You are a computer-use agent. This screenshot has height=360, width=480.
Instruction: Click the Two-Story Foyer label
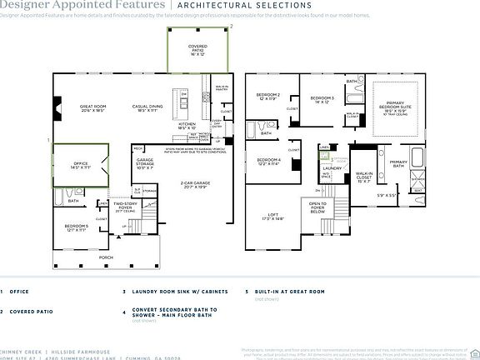coord(125,205)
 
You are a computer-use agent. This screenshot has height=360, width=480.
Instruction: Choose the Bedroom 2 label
coord(267,97)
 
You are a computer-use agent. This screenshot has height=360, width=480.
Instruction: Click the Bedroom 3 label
coord(322,100)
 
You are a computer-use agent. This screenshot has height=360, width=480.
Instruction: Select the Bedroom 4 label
coord(267,162)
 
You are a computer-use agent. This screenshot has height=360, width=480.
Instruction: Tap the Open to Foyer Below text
coord(318,207)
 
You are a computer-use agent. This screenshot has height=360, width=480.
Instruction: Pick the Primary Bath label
coord(397,164)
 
